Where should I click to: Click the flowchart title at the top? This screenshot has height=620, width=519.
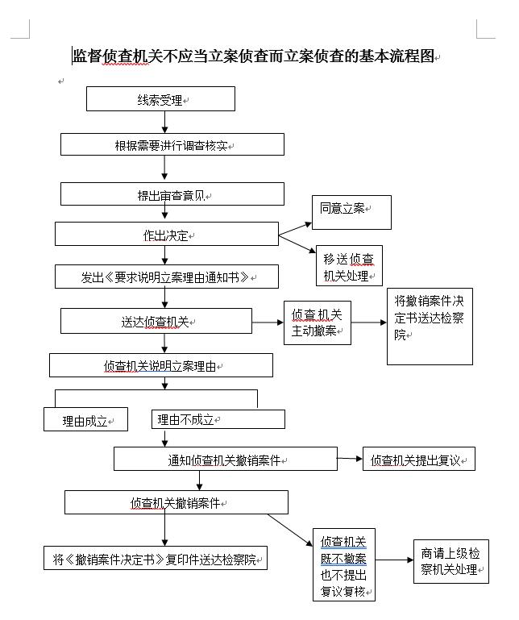254,56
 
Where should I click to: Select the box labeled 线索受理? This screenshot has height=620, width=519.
160,99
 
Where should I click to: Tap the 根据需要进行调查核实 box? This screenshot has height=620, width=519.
172,145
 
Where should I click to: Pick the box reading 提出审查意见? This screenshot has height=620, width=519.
172,194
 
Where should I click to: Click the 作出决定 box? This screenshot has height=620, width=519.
167,235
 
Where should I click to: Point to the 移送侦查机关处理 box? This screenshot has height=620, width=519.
349,266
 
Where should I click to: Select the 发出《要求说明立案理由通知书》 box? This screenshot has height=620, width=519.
167,277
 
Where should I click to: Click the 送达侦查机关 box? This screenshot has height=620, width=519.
156,321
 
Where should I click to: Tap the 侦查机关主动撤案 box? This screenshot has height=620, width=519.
318,322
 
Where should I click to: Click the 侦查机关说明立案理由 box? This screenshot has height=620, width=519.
161,365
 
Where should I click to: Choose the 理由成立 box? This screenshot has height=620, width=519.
85,420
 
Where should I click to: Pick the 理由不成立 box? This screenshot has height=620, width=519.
218,419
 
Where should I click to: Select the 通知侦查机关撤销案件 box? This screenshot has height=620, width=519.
225,460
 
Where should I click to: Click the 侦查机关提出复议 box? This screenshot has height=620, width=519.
418,460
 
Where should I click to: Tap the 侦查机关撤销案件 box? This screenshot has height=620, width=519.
176,502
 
